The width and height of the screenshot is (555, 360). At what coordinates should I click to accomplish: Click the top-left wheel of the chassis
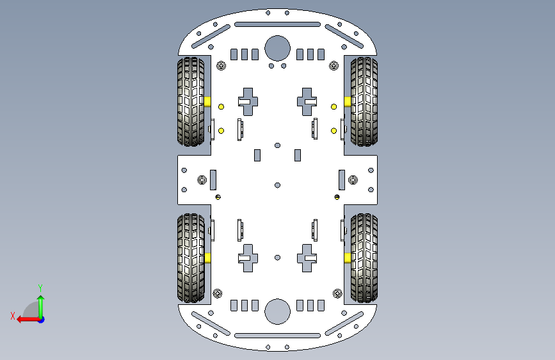(x=191, y=101)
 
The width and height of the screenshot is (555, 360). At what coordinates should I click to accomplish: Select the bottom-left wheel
(x=191, y=258)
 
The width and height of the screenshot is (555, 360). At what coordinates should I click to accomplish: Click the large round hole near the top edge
(x=277, y=47)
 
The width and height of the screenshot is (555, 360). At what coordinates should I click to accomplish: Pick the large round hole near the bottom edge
(x=277, y=311)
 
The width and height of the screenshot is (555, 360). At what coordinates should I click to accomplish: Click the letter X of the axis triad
(x=13, y=316)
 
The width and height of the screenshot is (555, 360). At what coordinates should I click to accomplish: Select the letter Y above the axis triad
(x=40, y=288)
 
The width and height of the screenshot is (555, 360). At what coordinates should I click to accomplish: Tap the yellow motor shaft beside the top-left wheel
(x=209, y=101)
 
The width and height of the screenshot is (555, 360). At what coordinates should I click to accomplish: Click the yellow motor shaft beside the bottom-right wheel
(x=347, y=258)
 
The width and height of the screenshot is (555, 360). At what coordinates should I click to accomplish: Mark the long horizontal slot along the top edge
(x=278, y=24)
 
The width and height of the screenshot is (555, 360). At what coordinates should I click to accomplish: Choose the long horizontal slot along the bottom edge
(x=278, y=335)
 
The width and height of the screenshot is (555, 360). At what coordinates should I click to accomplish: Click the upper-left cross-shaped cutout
(x=248, y=101)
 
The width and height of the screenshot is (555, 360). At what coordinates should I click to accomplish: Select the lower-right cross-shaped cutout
(x=307, y=258)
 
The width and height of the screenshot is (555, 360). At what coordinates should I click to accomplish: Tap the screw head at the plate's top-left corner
(x=221, y=65)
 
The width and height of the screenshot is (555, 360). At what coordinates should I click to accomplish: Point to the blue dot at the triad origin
(x=41, y=319)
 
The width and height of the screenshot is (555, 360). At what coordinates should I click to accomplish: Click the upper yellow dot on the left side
(x=221, y=106)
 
